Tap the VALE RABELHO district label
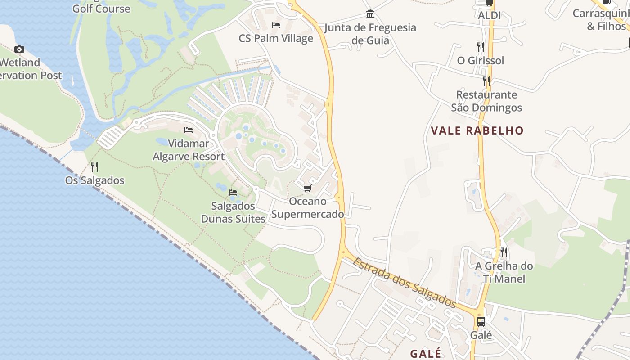(x=477, y=131)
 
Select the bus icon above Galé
(x=481, y=322)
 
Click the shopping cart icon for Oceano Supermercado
(x=307, y=188)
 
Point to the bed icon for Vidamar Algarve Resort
(x=189, y=130)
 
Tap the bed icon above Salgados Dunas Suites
(x=233, y=193)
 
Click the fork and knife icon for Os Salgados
(x=94, y=167)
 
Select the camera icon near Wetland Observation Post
(x=19, y=49)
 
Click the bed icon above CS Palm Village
(x=276, y=25)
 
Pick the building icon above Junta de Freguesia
(x=370, y=14)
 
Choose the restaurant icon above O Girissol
(x=481, y=47)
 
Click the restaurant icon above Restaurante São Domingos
(x=486, y=81)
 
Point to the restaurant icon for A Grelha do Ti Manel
(x=504, y=252)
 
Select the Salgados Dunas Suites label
(x=233, y=212)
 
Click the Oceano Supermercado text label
(x=307, y=207)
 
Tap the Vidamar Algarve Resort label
(x=189, y=150)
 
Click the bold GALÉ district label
(x=425, y=353)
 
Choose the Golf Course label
(x=101, y=9)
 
